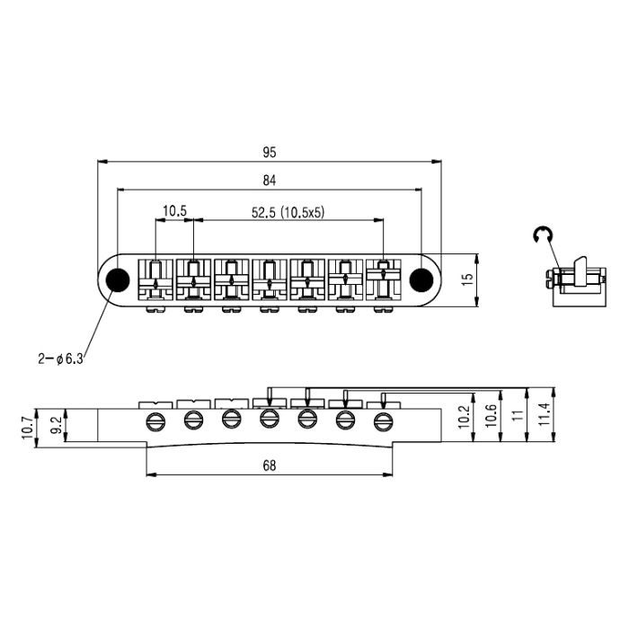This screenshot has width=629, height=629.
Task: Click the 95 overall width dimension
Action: coord(270,153)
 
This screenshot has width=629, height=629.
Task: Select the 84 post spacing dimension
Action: coord(270,181)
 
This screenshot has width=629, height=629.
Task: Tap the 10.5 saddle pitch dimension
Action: coord(174,211)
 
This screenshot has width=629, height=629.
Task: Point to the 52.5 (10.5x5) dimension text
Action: coord(288,212)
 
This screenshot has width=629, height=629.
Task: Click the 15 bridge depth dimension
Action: coord(468,279)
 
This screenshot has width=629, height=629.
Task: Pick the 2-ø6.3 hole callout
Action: coord(60,359)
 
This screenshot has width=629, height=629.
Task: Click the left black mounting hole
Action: coord(118,279)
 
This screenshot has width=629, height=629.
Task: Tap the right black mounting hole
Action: coord(421,279)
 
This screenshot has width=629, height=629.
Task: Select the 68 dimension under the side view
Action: coord(270,465)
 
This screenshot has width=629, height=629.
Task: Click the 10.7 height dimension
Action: coord(27,427)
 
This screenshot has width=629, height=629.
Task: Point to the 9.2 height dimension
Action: coord(57,425)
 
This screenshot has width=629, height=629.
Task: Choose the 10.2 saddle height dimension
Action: coord(464,417)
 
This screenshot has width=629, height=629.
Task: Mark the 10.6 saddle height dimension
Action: coord(491,415)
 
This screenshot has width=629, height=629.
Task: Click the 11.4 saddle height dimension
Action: coord(545,414)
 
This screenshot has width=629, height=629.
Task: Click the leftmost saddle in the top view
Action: coord(155,279)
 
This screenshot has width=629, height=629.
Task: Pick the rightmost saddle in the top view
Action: coord(384,279)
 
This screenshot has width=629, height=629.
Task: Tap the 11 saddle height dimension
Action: coord(519,415)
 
